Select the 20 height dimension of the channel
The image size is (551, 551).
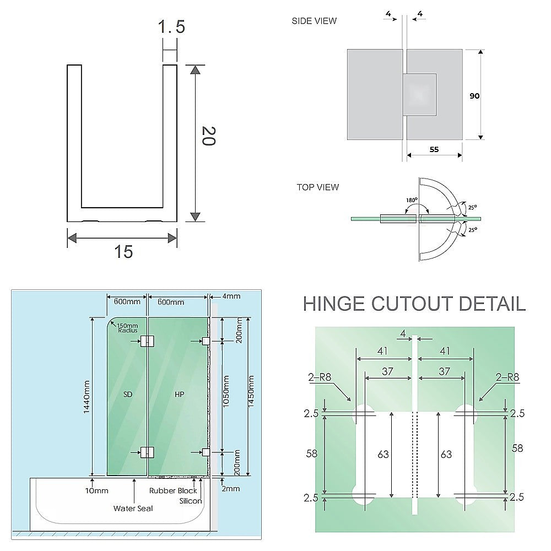208,136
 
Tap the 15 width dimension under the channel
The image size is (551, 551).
123,252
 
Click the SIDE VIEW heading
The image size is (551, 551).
314,21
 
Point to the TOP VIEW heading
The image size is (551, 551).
318,187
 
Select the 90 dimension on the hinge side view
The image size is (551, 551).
474,96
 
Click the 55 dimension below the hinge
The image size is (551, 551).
434,149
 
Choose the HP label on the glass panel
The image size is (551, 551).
179,396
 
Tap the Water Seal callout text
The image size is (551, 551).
133,508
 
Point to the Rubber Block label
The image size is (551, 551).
173,490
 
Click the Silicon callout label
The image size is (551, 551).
191,501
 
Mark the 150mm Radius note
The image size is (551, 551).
128,327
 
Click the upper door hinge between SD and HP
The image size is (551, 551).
147,342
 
